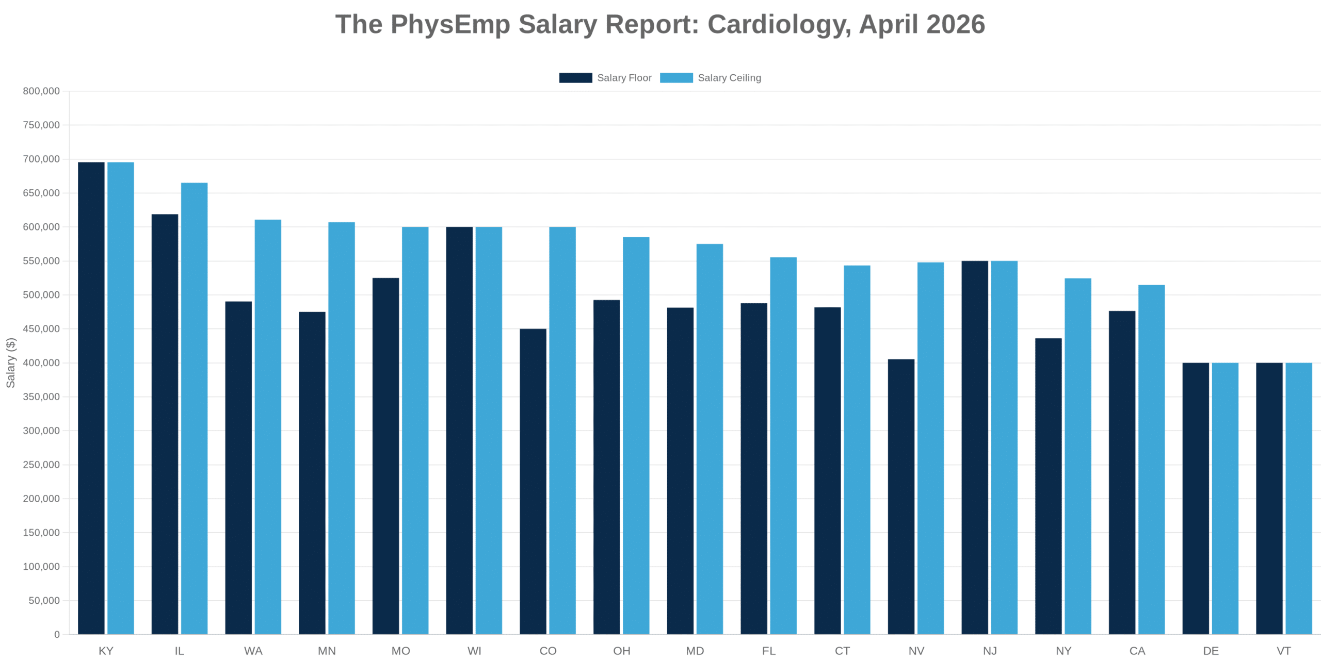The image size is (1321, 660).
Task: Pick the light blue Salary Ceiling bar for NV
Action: coord(930,448)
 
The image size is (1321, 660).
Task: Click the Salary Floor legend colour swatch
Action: coord(575,78)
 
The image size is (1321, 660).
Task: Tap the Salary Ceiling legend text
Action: coord(729,78)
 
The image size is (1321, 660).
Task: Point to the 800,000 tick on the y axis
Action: coord(41,91)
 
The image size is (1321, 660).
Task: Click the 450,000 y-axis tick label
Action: coord(41,329)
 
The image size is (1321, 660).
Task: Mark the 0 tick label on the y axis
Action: coord(57,635)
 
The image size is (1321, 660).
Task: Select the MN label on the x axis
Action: coord(327,651)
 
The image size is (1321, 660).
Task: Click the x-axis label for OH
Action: coord(621,651)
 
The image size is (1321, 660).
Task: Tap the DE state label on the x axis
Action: coord(1211,651)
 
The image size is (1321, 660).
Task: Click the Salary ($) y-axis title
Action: coord(10,362)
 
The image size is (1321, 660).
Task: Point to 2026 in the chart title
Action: coord(956,24)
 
